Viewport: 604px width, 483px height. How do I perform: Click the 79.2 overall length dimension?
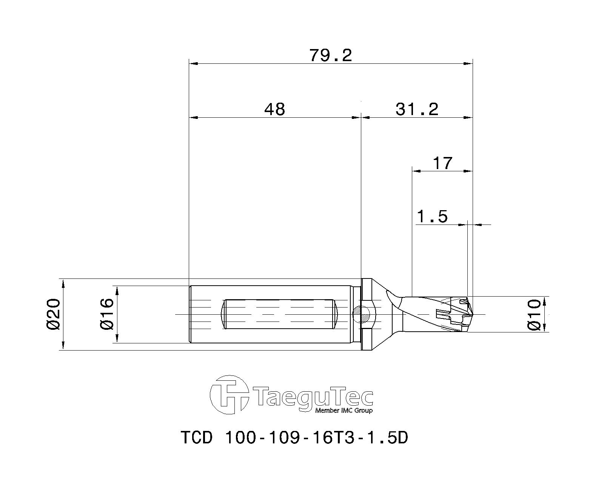(x=331, y=55)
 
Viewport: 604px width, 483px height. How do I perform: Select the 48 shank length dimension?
(x=274, y=109)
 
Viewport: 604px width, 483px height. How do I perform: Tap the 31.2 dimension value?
(x=417, y=109)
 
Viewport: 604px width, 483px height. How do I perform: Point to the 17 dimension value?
(x=442, y=163)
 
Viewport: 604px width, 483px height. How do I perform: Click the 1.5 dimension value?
(x=432, y=217)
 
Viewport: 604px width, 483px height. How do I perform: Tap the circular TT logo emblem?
(x=229, y=395)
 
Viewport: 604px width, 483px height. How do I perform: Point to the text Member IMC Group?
(x=344, y=411)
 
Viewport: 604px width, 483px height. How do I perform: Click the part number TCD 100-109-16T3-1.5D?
(x=294, y=438)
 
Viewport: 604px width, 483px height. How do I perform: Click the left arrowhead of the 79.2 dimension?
(x=193, y=64)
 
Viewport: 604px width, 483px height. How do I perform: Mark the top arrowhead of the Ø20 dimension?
(x=63, y=283)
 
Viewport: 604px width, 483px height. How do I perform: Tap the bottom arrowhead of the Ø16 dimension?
(x=117, y=339)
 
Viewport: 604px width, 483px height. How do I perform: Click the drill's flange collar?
(x=366, y=314)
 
